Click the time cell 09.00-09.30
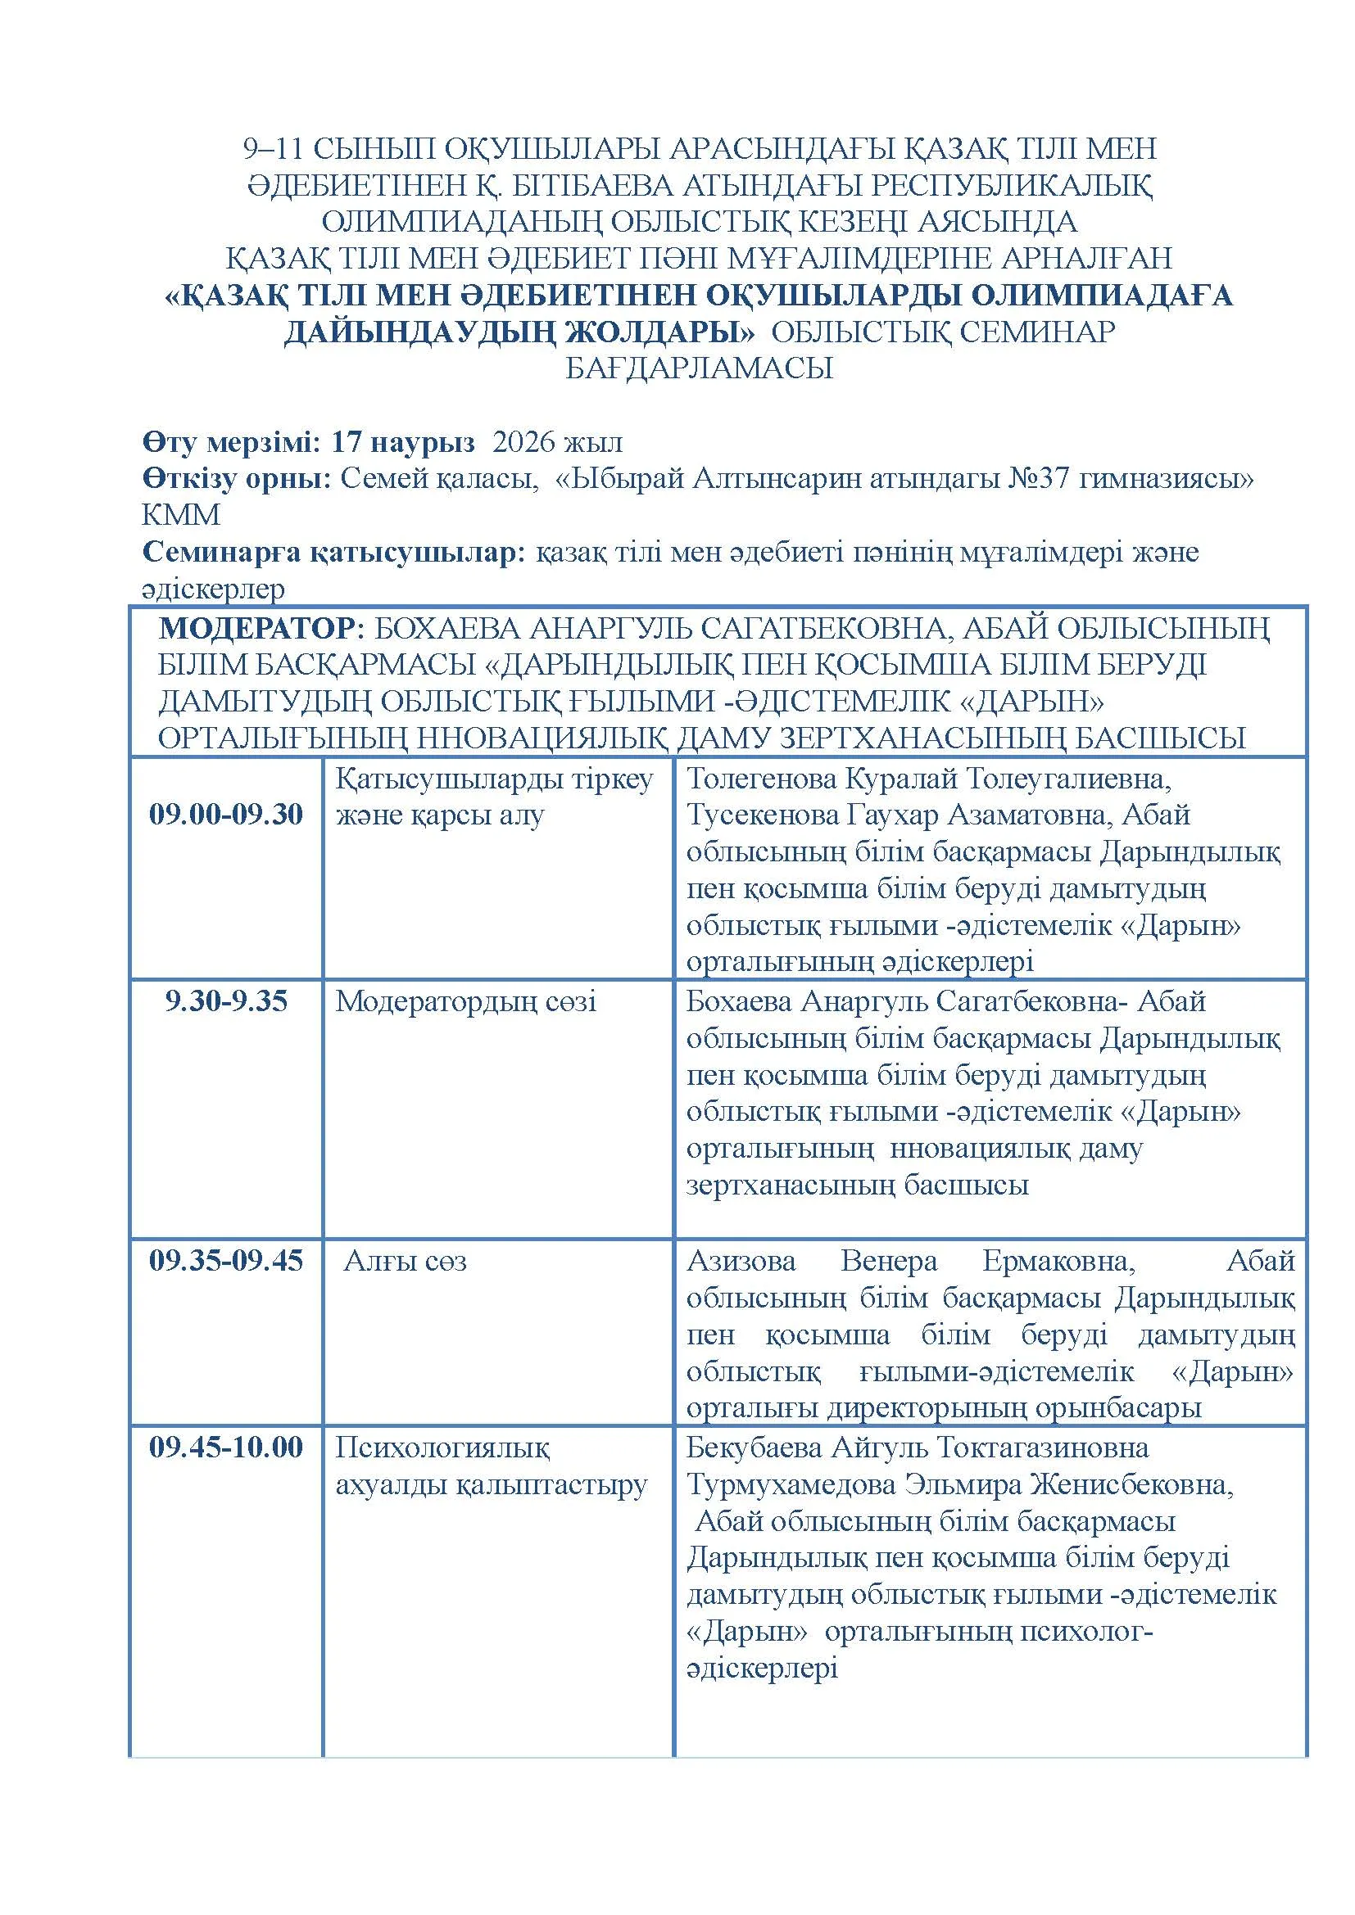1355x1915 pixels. (225, 814)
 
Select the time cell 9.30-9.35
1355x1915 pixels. (225, 1000)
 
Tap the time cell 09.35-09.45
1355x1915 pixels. (225, 1260)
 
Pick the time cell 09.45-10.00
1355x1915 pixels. (225, 1447)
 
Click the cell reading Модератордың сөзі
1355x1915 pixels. (465, 1000)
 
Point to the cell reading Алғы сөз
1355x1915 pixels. (406, 1261)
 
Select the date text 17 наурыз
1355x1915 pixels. (403, 442)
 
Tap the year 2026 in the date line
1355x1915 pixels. (524, 442)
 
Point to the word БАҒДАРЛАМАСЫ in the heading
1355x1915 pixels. (699, 368)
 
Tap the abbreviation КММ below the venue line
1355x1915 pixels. (181, 516)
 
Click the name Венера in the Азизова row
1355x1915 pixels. (889, 1260)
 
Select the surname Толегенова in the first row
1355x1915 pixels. (761, 778)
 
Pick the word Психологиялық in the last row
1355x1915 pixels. (442, 1447)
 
